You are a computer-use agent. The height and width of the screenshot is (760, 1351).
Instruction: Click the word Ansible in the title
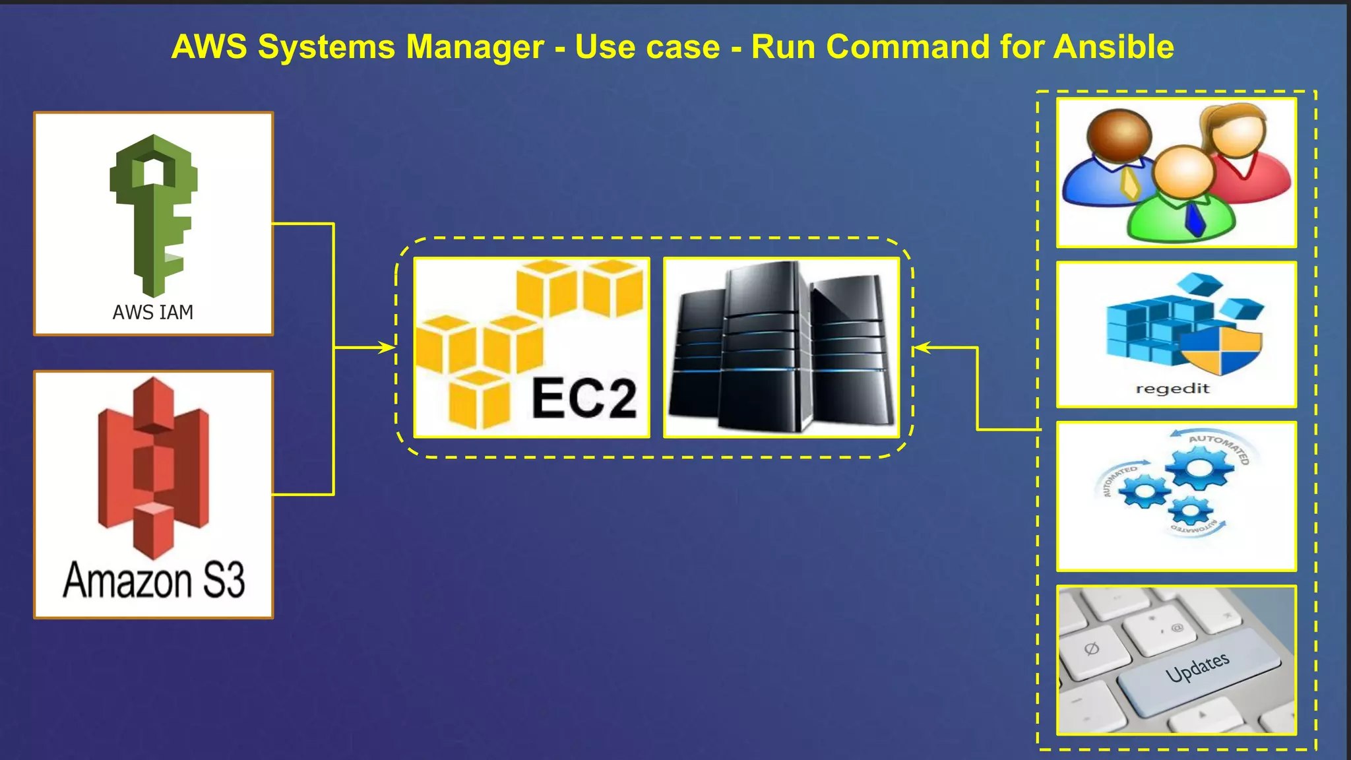click(1113, 47)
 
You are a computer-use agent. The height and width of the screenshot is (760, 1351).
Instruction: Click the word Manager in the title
click(475, 47)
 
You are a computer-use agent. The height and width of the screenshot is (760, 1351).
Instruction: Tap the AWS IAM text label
click(153, 312)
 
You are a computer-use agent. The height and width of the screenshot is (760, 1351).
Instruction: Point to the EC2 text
click(584, 398)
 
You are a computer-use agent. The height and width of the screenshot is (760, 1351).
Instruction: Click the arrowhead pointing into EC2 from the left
click(388, 347)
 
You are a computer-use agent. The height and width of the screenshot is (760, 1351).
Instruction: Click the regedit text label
click(1172, 389)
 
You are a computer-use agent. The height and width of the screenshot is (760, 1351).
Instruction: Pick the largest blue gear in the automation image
click(1199, 468)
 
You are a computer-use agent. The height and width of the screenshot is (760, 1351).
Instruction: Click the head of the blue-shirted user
click(1119, 135)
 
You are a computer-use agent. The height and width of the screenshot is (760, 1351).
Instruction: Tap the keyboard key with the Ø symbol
click(1092, 649)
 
